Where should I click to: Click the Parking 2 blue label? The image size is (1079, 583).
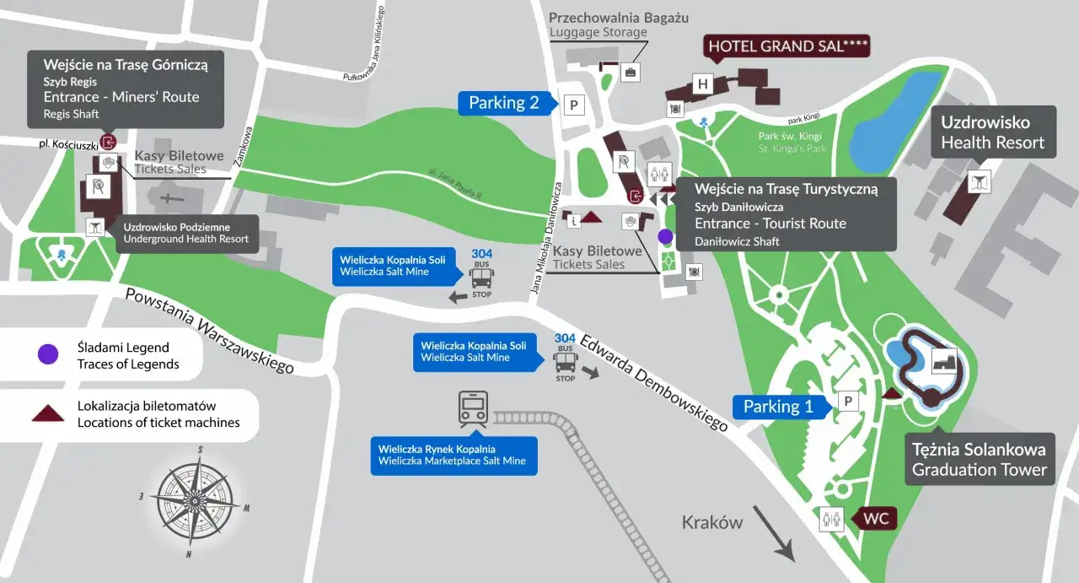503,103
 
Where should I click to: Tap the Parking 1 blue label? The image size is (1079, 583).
777,407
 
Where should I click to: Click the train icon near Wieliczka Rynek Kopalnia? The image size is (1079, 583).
473,409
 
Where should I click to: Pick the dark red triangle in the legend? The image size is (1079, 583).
48,413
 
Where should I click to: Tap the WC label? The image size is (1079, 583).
876,518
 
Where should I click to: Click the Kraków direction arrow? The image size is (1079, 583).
773,532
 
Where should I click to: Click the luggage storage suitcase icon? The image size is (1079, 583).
630,72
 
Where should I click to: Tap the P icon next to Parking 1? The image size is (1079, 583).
848,402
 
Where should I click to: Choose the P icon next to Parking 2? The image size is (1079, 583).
574,105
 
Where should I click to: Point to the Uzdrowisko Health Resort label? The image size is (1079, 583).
992,133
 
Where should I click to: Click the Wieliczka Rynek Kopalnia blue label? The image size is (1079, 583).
453,455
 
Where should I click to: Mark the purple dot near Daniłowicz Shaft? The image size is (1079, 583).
665,236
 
